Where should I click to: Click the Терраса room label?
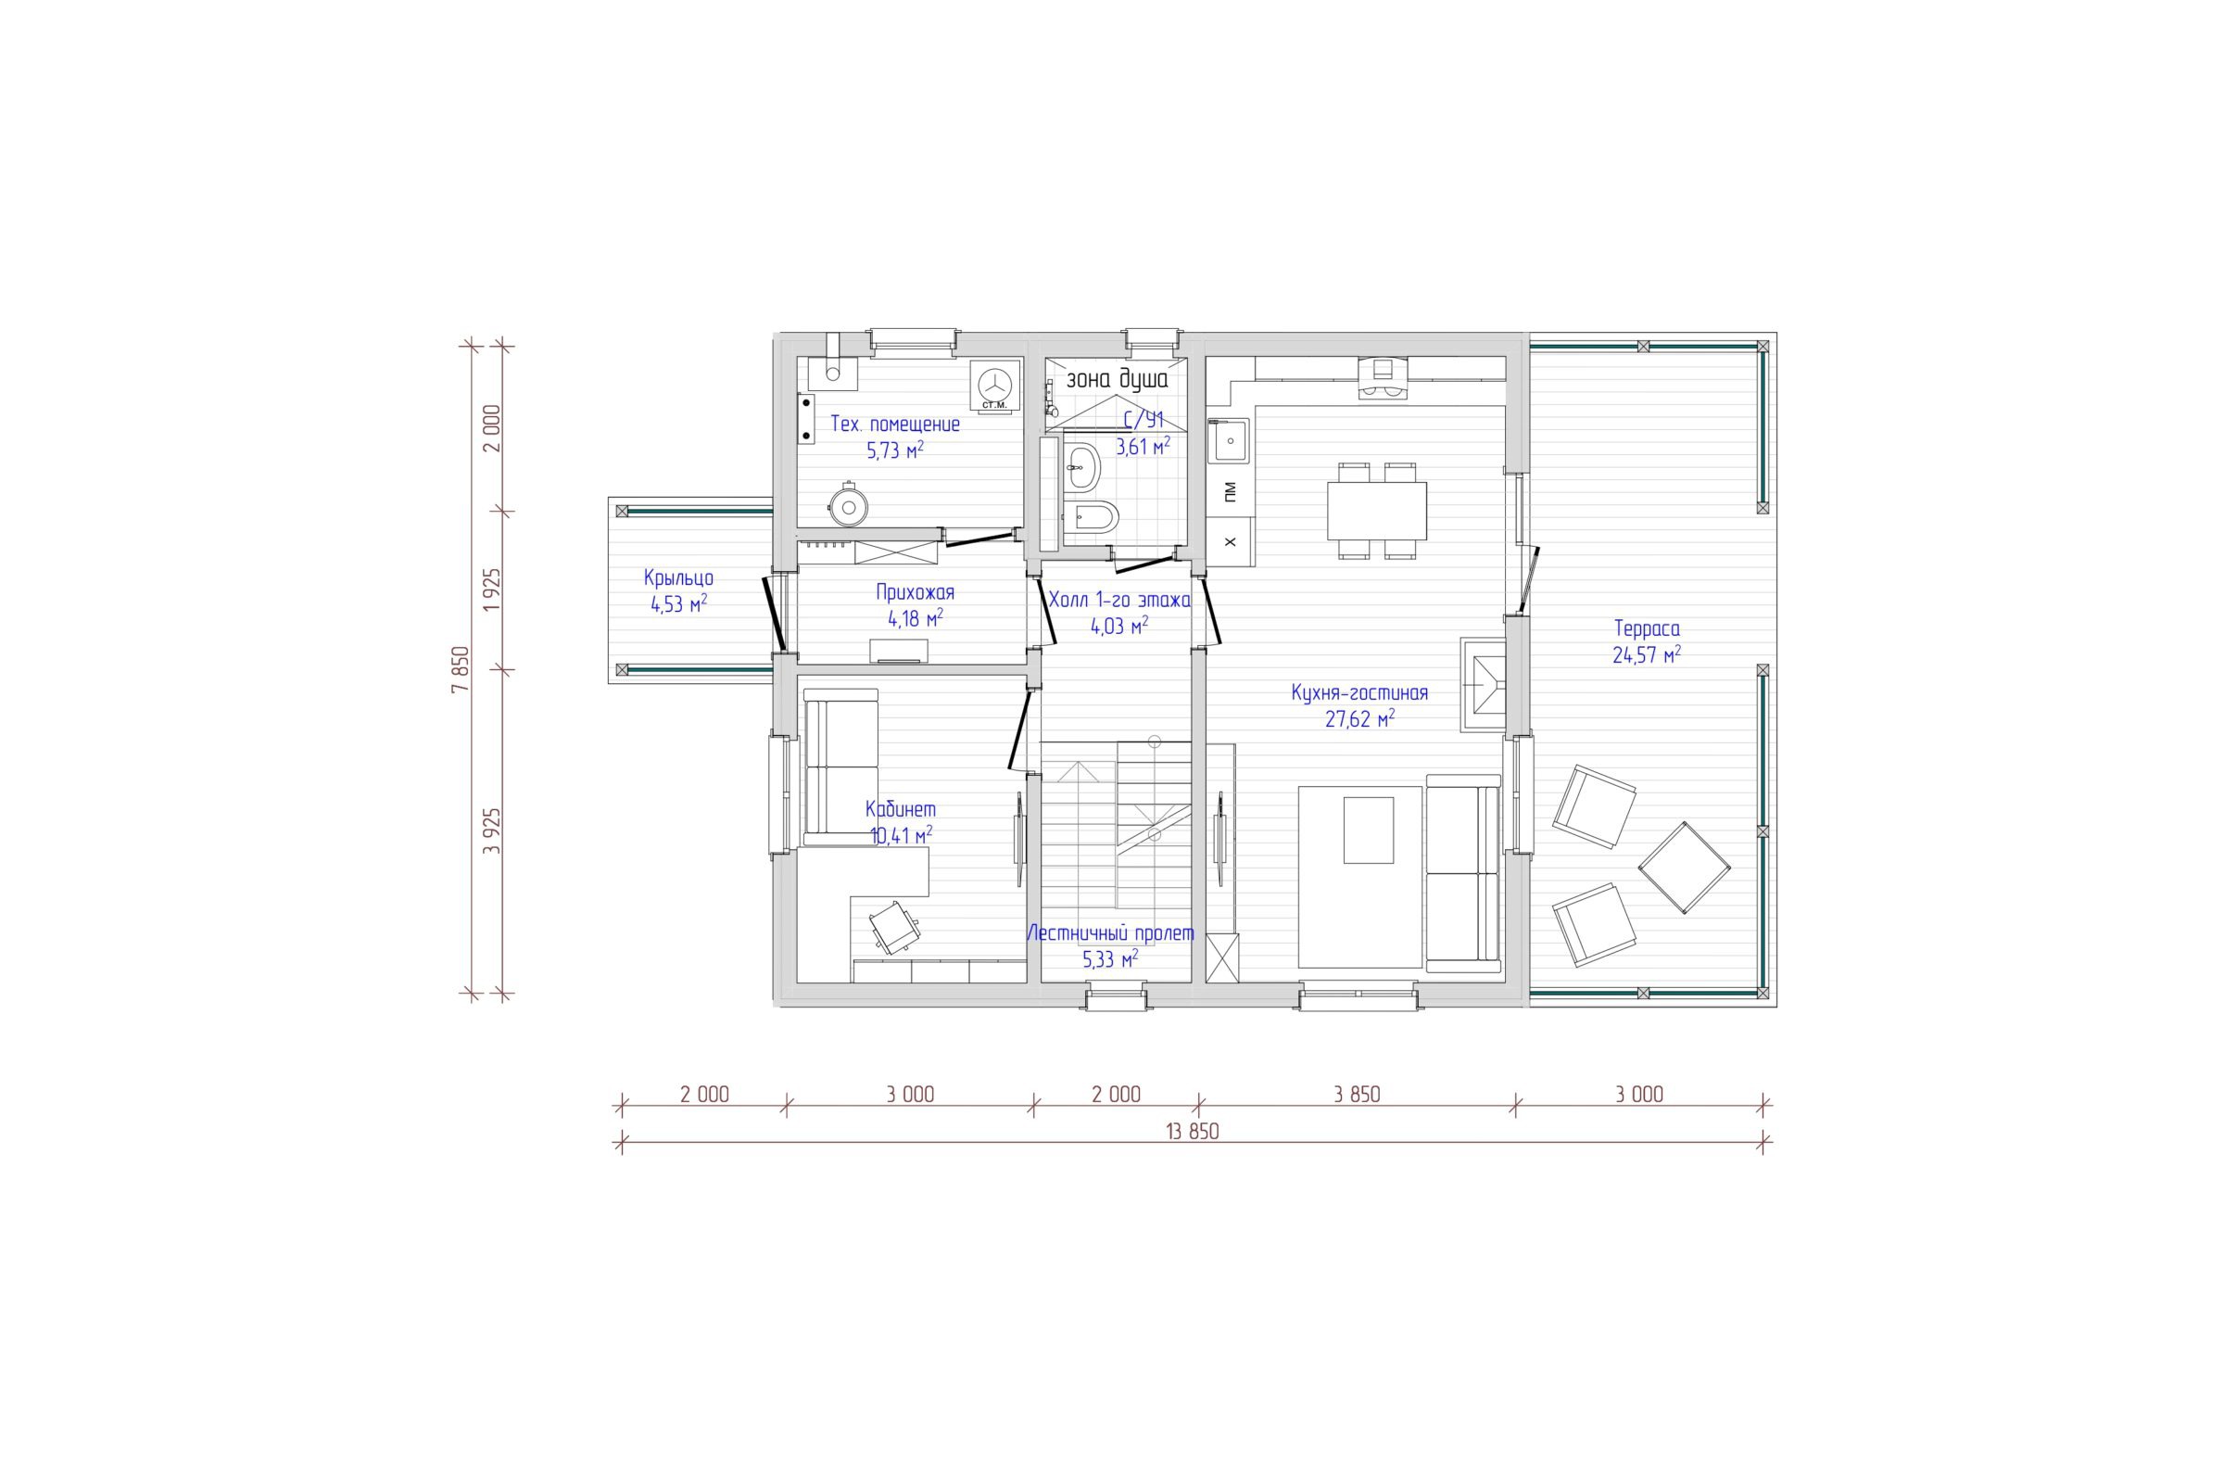click(x=1647, y=629)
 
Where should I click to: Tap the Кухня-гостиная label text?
click(x=1358, y=693)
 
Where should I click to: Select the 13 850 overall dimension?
click(x=1193, y=1131)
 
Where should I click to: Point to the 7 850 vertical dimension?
click(x=461, y=669)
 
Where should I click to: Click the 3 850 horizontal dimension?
click(x=1357, y=1095)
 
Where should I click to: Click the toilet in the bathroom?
click(x=1091, y=516)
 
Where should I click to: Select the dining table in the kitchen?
click(x=1377, y=510)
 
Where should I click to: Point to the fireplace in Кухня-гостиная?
click(x=1483, y=684)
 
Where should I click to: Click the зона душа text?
click(x=1117, y=379)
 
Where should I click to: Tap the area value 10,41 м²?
click(x=901, y=835)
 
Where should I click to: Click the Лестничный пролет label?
click(x=1110, y=933)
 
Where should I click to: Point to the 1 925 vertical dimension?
click(x=491, y=590)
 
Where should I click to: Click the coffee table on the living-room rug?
click(x=1369, y=830)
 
